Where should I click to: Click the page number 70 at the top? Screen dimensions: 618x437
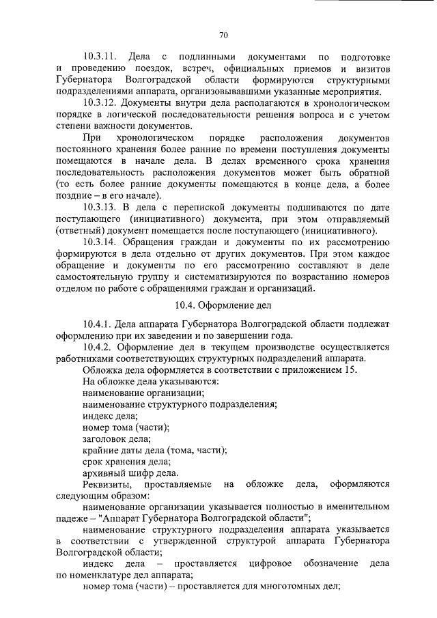pyautogui.click(x=223, y=36)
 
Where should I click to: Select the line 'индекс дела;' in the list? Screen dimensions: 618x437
pyautogui.click(x=110, y=416)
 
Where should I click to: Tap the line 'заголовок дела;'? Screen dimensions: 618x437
pyautogui.click(x=117, y=439)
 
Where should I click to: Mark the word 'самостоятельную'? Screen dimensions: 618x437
pyautogui.click(x=100, y=277)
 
